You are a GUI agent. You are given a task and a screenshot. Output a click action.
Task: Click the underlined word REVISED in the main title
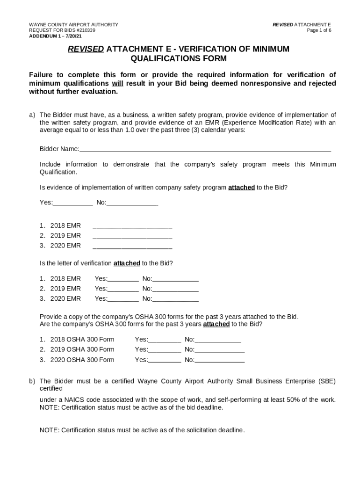[x=86, y=49]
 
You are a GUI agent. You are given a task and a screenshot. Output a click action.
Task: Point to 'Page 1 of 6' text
[x=319, y=30]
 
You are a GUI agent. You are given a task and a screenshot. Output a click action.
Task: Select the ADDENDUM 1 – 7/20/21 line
[x=55, y=36]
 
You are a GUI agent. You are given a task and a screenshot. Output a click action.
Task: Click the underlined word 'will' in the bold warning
[x=117, y=83]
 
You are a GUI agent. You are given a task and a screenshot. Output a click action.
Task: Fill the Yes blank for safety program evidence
[x=72, y=203]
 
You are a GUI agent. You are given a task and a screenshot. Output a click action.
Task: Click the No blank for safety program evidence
[x=132, y=203]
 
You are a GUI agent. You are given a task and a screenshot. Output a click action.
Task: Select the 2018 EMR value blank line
[x=132, y=226]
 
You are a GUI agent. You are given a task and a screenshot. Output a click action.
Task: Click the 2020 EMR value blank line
[x=132, y=246]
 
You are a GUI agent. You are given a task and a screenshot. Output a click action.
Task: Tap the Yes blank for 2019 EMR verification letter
[x=123, y=289]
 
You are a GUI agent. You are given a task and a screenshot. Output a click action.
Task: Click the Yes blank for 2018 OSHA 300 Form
[x=165, y=340]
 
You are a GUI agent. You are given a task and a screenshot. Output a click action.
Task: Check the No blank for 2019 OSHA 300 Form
[x=219, y=350]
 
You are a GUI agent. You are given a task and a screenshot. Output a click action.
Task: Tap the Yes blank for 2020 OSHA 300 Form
[x=165, y=360]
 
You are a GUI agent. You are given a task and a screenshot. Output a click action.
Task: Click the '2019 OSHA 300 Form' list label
[x=82, y=349]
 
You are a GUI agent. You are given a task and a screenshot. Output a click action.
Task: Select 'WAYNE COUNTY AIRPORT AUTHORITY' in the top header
[x=73, y=24]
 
